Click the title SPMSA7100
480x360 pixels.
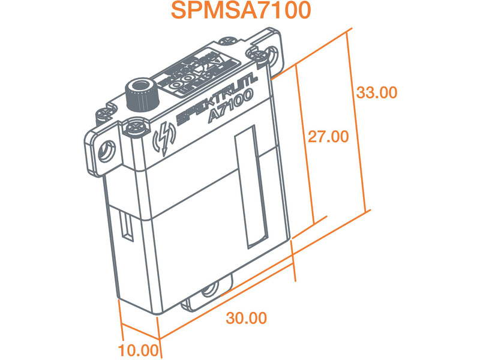click(240, 12)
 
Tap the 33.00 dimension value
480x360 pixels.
click(376, 93)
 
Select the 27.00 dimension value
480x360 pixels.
click(328, 137)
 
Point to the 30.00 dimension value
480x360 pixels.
click(246, 318)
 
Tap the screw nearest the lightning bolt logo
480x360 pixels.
click(134, 127)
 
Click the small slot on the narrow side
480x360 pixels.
click(127, 225)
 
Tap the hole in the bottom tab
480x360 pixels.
click(209, 292)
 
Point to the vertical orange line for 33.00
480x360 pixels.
click(358, 120)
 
